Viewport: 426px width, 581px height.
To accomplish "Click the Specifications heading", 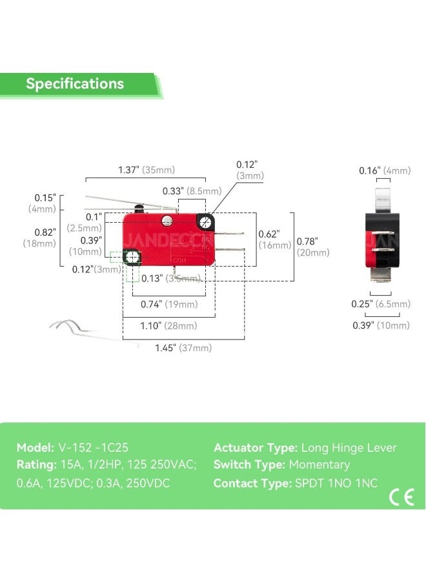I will (75, 84).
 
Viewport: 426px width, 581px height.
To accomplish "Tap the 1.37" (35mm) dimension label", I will (146, 170).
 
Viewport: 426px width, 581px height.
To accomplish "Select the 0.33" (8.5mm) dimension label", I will (191, 191).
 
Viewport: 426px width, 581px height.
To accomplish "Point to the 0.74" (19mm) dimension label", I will (169, 304).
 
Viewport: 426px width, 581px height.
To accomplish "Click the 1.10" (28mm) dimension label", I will (169, 326).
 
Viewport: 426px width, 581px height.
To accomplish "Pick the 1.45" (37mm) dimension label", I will (183, 348).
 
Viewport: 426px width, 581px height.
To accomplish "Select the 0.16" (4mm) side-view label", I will (385, 170).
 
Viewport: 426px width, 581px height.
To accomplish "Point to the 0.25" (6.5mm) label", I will (381, 304).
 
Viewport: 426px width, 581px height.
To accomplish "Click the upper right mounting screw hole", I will (206, 223).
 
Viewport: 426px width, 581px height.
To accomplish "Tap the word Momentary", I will (319, 465).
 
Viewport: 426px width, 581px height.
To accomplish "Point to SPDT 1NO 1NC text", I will (335, 483).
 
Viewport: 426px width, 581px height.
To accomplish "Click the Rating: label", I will (36, 465).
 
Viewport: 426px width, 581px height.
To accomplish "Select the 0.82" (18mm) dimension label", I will (45, 237).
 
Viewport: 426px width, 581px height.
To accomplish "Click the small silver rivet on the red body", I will (167, 221).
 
